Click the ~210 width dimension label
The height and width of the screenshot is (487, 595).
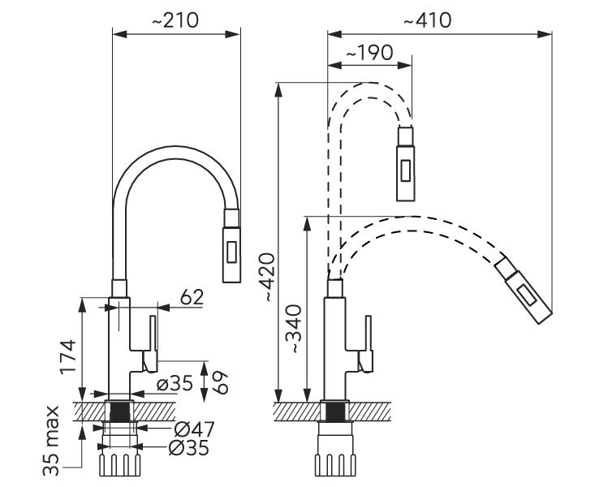click(175, 20)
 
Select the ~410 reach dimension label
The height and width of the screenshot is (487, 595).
click(428, 20)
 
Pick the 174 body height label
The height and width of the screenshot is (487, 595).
click(69, 356)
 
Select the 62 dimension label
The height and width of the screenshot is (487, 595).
click(192, 297)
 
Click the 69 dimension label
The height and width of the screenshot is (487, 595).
click(219, 382)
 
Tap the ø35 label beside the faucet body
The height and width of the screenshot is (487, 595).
click(175, 383)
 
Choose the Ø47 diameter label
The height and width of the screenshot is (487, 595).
click(195, 429)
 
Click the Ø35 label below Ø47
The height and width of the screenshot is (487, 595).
click(189, 448)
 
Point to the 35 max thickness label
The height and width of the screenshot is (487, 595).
click(51, 441)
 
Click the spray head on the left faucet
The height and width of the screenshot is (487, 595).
click(231, 245)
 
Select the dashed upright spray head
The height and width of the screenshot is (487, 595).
click(405, 163)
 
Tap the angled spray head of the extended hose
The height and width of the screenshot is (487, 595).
click(524, 291)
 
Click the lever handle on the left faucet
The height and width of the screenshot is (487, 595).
click(151, 343)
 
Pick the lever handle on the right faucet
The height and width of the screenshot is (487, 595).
click(366, 343)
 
